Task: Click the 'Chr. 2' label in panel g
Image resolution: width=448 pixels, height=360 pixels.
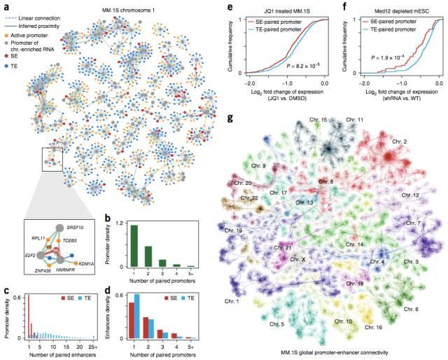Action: click(x=400, y=141)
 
